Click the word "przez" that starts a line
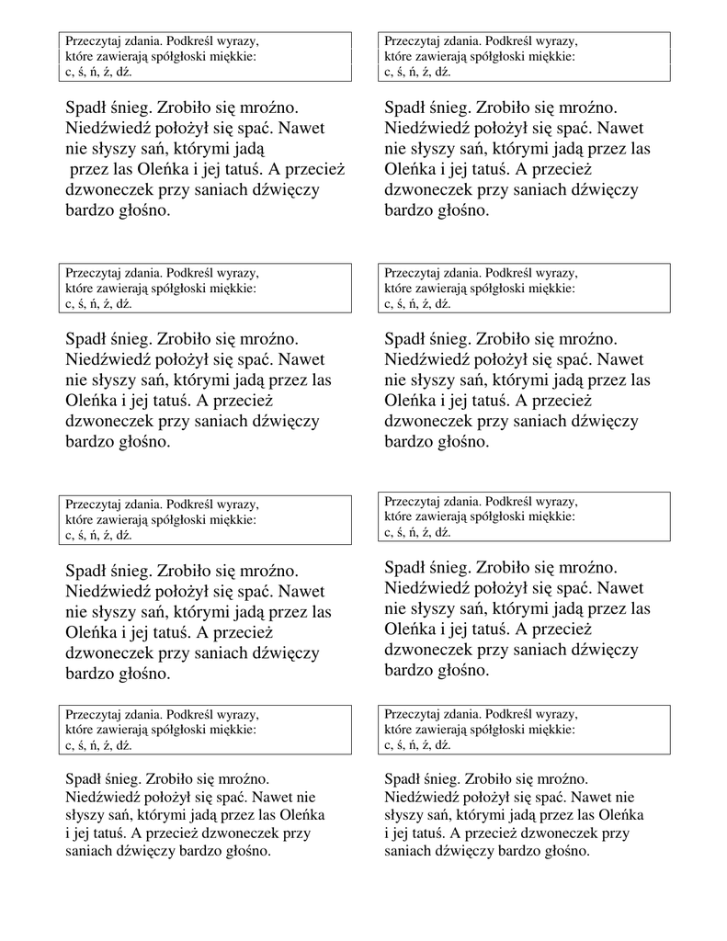point(90,169)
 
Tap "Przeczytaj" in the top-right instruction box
point(411,41)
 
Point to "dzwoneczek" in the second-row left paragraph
point(108,421)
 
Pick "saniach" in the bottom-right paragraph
point(410,851)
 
